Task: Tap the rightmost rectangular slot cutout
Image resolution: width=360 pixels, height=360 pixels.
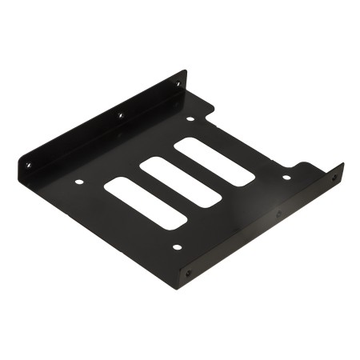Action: tap(214, 162)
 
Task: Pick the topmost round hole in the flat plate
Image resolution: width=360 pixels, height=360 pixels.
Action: tap(190, 119)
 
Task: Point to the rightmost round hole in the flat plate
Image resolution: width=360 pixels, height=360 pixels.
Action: tap(286, 177)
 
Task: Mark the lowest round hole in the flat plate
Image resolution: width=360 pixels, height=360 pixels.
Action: tap(177, 246)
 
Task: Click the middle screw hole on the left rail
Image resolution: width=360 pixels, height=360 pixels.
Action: tap(120, 116)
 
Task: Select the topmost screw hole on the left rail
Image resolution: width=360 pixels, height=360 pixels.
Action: tap(178, 83)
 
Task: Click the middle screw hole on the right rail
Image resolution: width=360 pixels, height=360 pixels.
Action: tap(278, 214)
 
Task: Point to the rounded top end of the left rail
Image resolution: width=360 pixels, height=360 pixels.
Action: tap(184, 74)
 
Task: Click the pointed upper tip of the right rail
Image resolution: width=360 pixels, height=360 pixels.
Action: tap(342, 165)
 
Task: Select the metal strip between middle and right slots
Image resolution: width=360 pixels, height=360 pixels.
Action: tap(197, 171)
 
